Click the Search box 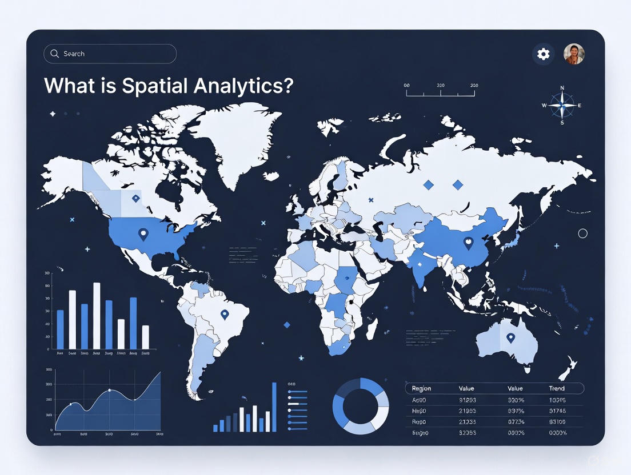pyautogui.click(x=110, y=54)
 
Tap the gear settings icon pyautogui.click(x=543, y=54)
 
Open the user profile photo pyautogui.click(x=574, y=54)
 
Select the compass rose pyautogui.click(x=562, y=106)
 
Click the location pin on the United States pyautogui.click(x=143, y=234)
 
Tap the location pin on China pyautogui.click(x=469, y=243)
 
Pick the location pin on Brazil pyautogui.click(x=225, y=314)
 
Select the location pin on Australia pyautogui.click(x=510, y=337)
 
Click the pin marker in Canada pyautogui.click(x=135, y=199)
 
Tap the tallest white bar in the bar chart pyautogui.click(x=97, y=315)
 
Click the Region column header pyautogui.click(x=421, y=388)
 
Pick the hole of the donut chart pyautogui.click(x=361, y=406)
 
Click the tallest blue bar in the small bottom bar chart pyautogui.click(x=274, y=407)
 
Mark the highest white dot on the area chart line pyautogui.click(x=109, y=391)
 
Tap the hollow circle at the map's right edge pyautogui.click(x=583, y=234)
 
